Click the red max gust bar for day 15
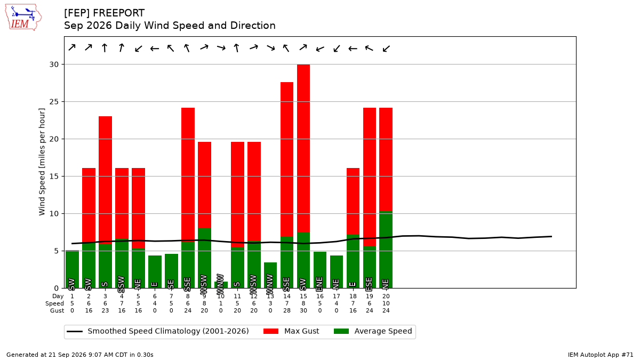pos(303,148)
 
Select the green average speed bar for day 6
pos(155,271)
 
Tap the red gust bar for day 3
pos(106,180)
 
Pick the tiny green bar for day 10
pos(221,285)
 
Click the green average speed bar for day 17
pos(337,271)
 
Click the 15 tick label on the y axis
pos(54,177)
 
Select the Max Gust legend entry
pos(291,331)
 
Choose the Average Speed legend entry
pos(373,331)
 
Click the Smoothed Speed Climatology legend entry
pos(158,331)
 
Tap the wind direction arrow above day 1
pos(72,47)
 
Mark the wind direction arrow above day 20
pos(386,49)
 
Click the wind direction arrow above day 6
pos(155,49)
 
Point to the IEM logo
pos(23,17)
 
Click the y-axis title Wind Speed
pos(42,162)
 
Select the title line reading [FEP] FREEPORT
pos(105,13)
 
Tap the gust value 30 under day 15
pos(303,310)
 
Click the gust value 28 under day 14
pos(287,310)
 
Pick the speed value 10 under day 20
pos(386,303)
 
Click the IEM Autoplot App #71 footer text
pos(601,355)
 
